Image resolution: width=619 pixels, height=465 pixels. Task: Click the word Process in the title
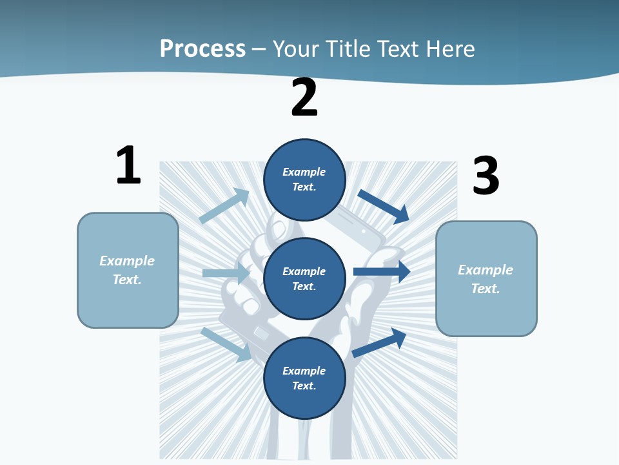[202, 49]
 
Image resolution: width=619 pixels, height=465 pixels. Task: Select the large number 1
[128, 166]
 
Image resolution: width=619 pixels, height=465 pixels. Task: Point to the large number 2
[304, 98]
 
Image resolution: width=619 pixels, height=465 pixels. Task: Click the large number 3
[486, 176]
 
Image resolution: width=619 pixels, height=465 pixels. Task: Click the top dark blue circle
[304, 180]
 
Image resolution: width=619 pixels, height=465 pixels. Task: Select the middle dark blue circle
[304, 279]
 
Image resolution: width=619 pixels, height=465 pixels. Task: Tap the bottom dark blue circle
[304, 378]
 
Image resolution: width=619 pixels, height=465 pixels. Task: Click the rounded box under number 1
[128, 270]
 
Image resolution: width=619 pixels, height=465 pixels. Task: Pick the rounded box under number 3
[486, 278]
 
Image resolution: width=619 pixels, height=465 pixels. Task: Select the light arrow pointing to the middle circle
[226, 273]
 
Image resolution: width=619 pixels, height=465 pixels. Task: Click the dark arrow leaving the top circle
[384, 206]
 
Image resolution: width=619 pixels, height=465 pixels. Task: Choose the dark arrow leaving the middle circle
[381, 272]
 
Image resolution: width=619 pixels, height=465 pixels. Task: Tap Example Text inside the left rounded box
[127, 270]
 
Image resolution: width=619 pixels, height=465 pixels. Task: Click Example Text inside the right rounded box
[486, 279]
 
